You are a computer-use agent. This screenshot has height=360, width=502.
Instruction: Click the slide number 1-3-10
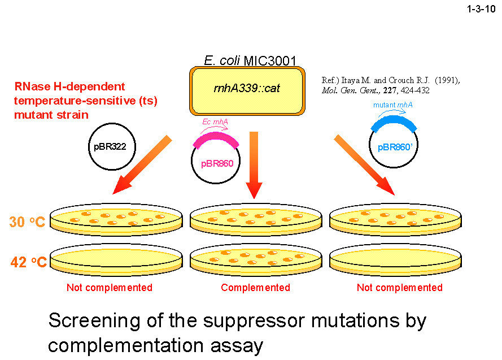pyautogui.click(x=479, y=10)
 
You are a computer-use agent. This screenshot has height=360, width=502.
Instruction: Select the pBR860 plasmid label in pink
pyautogui.click(x=217, y=164)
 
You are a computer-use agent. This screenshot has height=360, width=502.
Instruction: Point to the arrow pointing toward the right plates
pyautogui.click(x=363, y=164)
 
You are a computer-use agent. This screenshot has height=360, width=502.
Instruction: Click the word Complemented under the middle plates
pyautogui.click(x=255, y=288)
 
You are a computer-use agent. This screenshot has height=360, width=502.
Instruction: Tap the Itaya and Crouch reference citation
pyautogui.click(x=390, y=85)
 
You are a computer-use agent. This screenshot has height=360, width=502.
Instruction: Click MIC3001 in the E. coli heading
pyautogui.click(x=270, y=60)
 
